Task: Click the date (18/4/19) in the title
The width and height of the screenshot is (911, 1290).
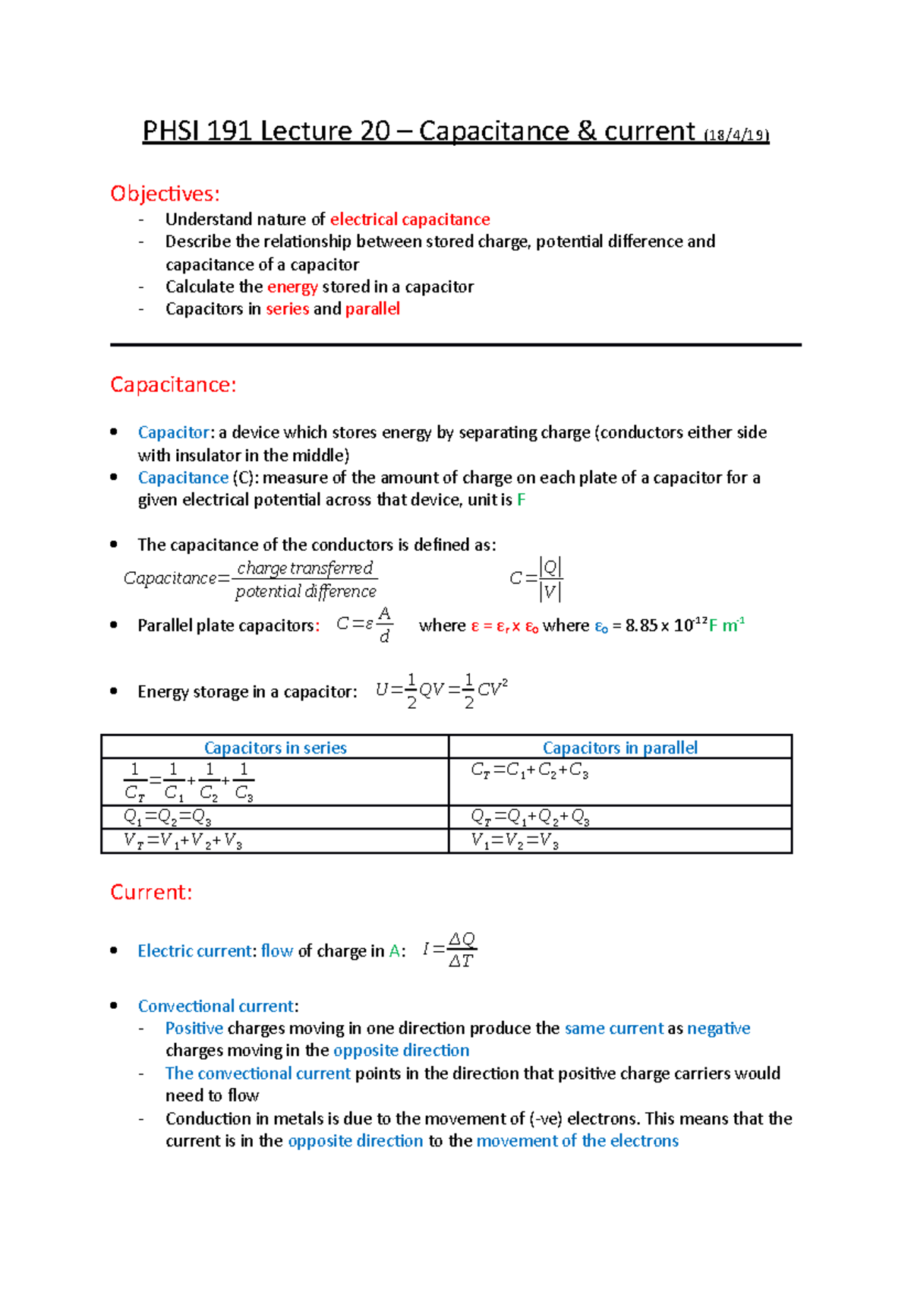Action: (x=736, y=136)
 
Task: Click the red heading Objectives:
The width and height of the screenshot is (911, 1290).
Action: (x=165, y=194)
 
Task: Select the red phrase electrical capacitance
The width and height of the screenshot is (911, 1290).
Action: (x=410, y=220)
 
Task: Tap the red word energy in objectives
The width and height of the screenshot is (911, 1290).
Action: (x=292, y=287)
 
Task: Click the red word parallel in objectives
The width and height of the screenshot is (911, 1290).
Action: (x=372, y=309)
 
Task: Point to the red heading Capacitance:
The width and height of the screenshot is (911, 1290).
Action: (x=173, y=385)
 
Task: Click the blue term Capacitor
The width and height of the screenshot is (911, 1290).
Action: (x=173, y=432)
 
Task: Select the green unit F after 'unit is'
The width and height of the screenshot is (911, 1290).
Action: (x=521, y=500)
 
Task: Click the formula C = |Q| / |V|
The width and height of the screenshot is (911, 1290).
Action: (x=536, y=579)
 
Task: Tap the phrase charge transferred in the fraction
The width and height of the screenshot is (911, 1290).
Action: (x=304, y=568)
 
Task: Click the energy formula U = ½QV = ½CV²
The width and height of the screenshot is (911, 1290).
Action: (x=441, y=690)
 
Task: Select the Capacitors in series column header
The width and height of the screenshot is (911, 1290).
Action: (x=275, y=748)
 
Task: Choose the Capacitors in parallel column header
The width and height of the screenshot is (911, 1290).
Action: (x=619, y=748)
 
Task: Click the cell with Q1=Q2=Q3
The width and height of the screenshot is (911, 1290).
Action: (x=168, y=817)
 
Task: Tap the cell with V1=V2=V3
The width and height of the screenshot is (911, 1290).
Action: (x=515, y=841)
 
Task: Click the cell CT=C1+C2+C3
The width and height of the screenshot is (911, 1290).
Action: (x=529, y=770)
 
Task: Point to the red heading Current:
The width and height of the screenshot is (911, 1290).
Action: (x=151, y=892)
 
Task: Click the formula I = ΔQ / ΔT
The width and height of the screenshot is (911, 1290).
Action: (x=449, y=950)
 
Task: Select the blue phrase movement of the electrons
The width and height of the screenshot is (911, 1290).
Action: (x=577, y=1141)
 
